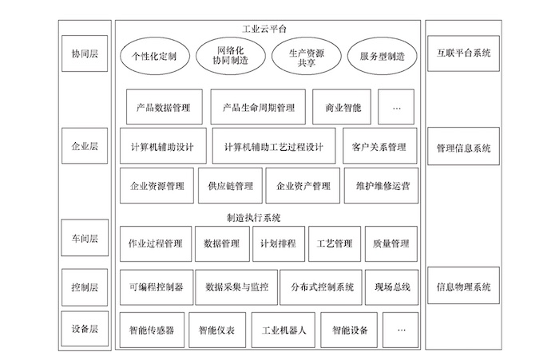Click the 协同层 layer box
tap(85, 53)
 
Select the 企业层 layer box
tap(85, 146)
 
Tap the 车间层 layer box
tap(85, 238)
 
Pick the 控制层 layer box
tap(85, 287)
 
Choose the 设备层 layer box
tap(85, 329)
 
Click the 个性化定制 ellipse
tap(154, 56)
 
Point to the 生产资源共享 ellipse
tap(306, 56)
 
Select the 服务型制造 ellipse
tap(383, 56)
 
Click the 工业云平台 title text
tap(264, 29)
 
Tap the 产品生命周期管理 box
tap(258, 107)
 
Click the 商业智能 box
tap(342, 107)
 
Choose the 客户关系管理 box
tap(380, 146)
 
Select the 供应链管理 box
tap(230, 186)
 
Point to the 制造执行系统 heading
tap(253, 218)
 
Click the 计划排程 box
tap(279, 243)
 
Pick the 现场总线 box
tap(392, 287)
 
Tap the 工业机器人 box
tap(283, 330)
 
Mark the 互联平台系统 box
tap(463, 53)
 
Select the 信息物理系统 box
tap(463, 286)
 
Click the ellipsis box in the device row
tap(400, 330)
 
